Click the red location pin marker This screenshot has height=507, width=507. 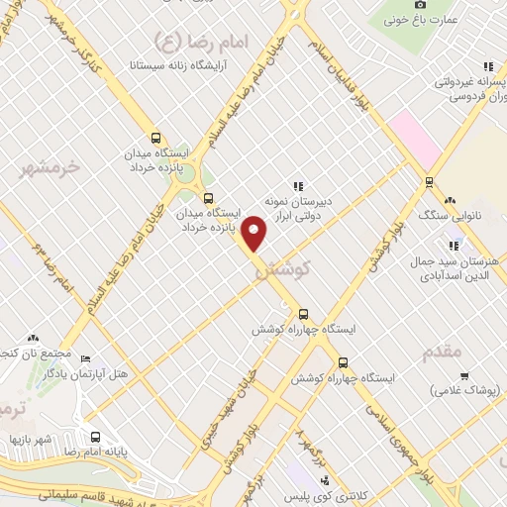click(254, 233)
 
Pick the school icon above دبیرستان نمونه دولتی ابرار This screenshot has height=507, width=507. click(297, 184)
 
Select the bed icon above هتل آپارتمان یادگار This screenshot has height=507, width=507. click(84, 357)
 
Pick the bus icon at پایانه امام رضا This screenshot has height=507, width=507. click(95, 437)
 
